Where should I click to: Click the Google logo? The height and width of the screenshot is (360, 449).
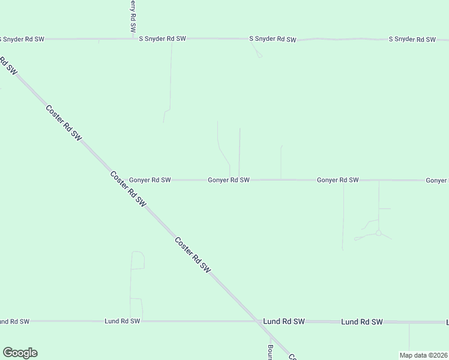coord(20,353)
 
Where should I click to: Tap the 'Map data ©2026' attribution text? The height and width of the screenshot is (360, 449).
coord(423,355)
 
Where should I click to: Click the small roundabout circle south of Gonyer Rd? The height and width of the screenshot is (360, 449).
coord(378,233)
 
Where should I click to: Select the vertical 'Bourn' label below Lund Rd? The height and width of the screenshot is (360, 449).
coord(271,350)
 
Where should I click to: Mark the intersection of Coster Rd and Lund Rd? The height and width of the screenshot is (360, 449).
coord(257,321)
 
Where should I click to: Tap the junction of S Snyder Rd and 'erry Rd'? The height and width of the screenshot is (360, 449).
coord(133,38)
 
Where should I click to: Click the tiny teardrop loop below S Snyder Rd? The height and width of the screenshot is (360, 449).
coord(259,55)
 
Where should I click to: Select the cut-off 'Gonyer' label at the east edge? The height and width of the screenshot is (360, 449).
coord(437,180)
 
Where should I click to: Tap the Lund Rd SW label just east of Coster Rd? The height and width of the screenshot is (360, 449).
coord(284,322)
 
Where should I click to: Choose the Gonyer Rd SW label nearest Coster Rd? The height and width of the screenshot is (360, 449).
coord(150,179)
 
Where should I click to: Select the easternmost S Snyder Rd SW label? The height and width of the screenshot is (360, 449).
coord(412,39)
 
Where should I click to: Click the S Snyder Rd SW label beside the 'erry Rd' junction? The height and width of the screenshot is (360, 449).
coord(163,38)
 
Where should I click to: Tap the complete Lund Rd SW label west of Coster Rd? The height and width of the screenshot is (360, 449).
coord(122,321)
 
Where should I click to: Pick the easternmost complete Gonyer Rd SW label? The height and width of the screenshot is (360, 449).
coord(338,179)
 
